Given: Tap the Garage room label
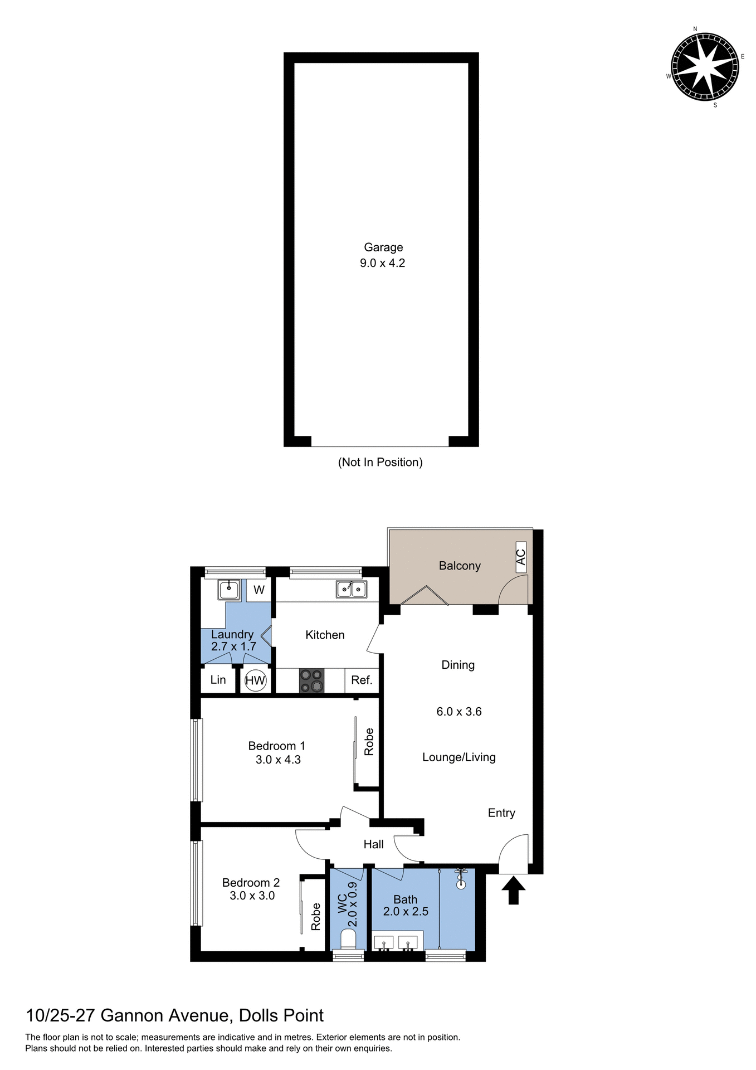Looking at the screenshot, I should point(383,247).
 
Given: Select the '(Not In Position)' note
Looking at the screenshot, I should point(381,462).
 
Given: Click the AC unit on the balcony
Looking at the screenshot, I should point(521,557).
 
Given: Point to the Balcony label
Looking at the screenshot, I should point(460,566).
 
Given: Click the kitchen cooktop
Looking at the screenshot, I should point(311,680).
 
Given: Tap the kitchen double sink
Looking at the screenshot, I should point(351,589).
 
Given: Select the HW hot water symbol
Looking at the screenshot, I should point(256,680).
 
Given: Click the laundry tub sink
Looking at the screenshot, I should point(228,589).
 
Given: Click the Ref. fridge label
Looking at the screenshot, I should point(362,680).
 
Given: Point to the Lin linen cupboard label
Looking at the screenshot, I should point(218,680).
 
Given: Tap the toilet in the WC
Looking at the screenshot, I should point(348,940).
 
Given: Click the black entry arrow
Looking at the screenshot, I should point(513,891).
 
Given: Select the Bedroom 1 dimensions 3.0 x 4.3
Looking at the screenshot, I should point(278,760).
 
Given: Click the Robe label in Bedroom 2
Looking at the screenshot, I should point(316,917).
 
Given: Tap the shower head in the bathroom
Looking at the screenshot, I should point(461,879).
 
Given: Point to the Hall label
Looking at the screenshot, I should point(373,844).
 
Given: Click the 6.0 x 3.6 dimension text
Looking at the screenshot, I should point(459,712).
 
